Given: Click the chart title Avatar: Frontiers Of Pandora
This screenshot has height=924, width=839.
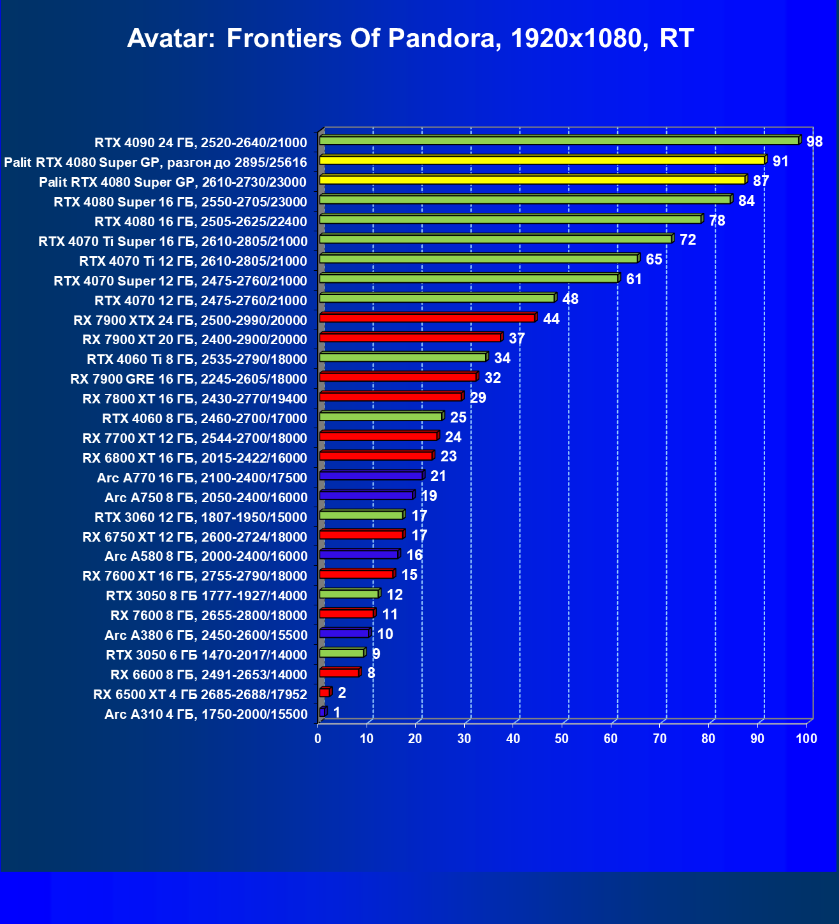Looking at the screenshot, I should click(x=411, y=38).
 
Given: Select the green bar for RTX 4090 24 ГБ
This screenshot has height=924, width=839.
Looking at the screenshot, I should click(x=559, y=141).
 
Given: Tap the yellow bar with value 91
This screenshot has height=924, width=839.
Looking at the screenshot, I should click(x=542, y=161).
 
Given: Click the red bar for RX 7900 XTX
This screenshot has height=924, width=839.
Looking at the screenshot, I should click(x=427, y=318).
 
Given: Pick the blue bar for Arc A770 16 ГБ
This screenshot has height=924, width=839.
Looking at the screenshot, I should click(x=371, y=476).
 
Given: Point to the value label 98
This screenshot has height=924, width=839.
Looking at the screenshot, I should click(x=814, y=141).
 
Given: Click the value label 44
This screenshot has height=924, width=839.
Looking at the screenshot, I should click(x=551, y=319).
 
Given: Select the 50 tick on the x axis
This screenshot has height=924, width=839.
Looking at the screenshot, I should click(x=562, y=739).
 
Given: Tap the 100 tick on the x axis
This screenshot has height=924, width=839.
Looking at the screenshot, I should click(x=806, y=739).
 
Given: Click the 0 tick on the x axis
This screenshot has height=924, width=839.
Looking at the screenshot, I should click(x=318, y=739).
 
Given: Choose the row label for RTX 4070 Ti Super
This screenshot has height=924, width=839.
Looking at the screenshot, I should click(x=173, y=241).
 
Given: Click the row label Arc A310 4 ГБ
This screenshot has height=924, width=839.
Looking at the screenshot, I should click(x=206, y=714).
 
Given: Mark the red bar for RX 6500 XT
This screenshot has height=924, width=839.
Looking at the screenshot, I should click(x=325, y=693).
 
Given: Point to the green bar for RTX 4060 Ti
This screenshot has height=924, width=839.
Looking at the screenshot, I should click(x=403, y=357).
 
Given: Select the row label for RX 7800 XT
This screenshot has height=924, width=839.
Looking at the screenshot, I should click(x=194, y=399).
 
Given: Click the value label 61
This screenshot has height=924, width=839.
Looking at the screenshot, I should click(x=634, y=279).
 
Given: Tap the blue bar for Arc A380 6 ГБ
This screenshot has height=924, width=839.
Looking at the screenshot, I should click(x=344, y=633).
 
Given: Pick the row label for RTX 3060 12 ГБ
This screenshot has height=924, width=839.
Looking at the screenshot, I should click(x=201, y=517).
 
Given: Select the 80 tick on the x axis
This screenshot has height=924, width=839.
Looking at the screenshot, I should click(x=708, y=739).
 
